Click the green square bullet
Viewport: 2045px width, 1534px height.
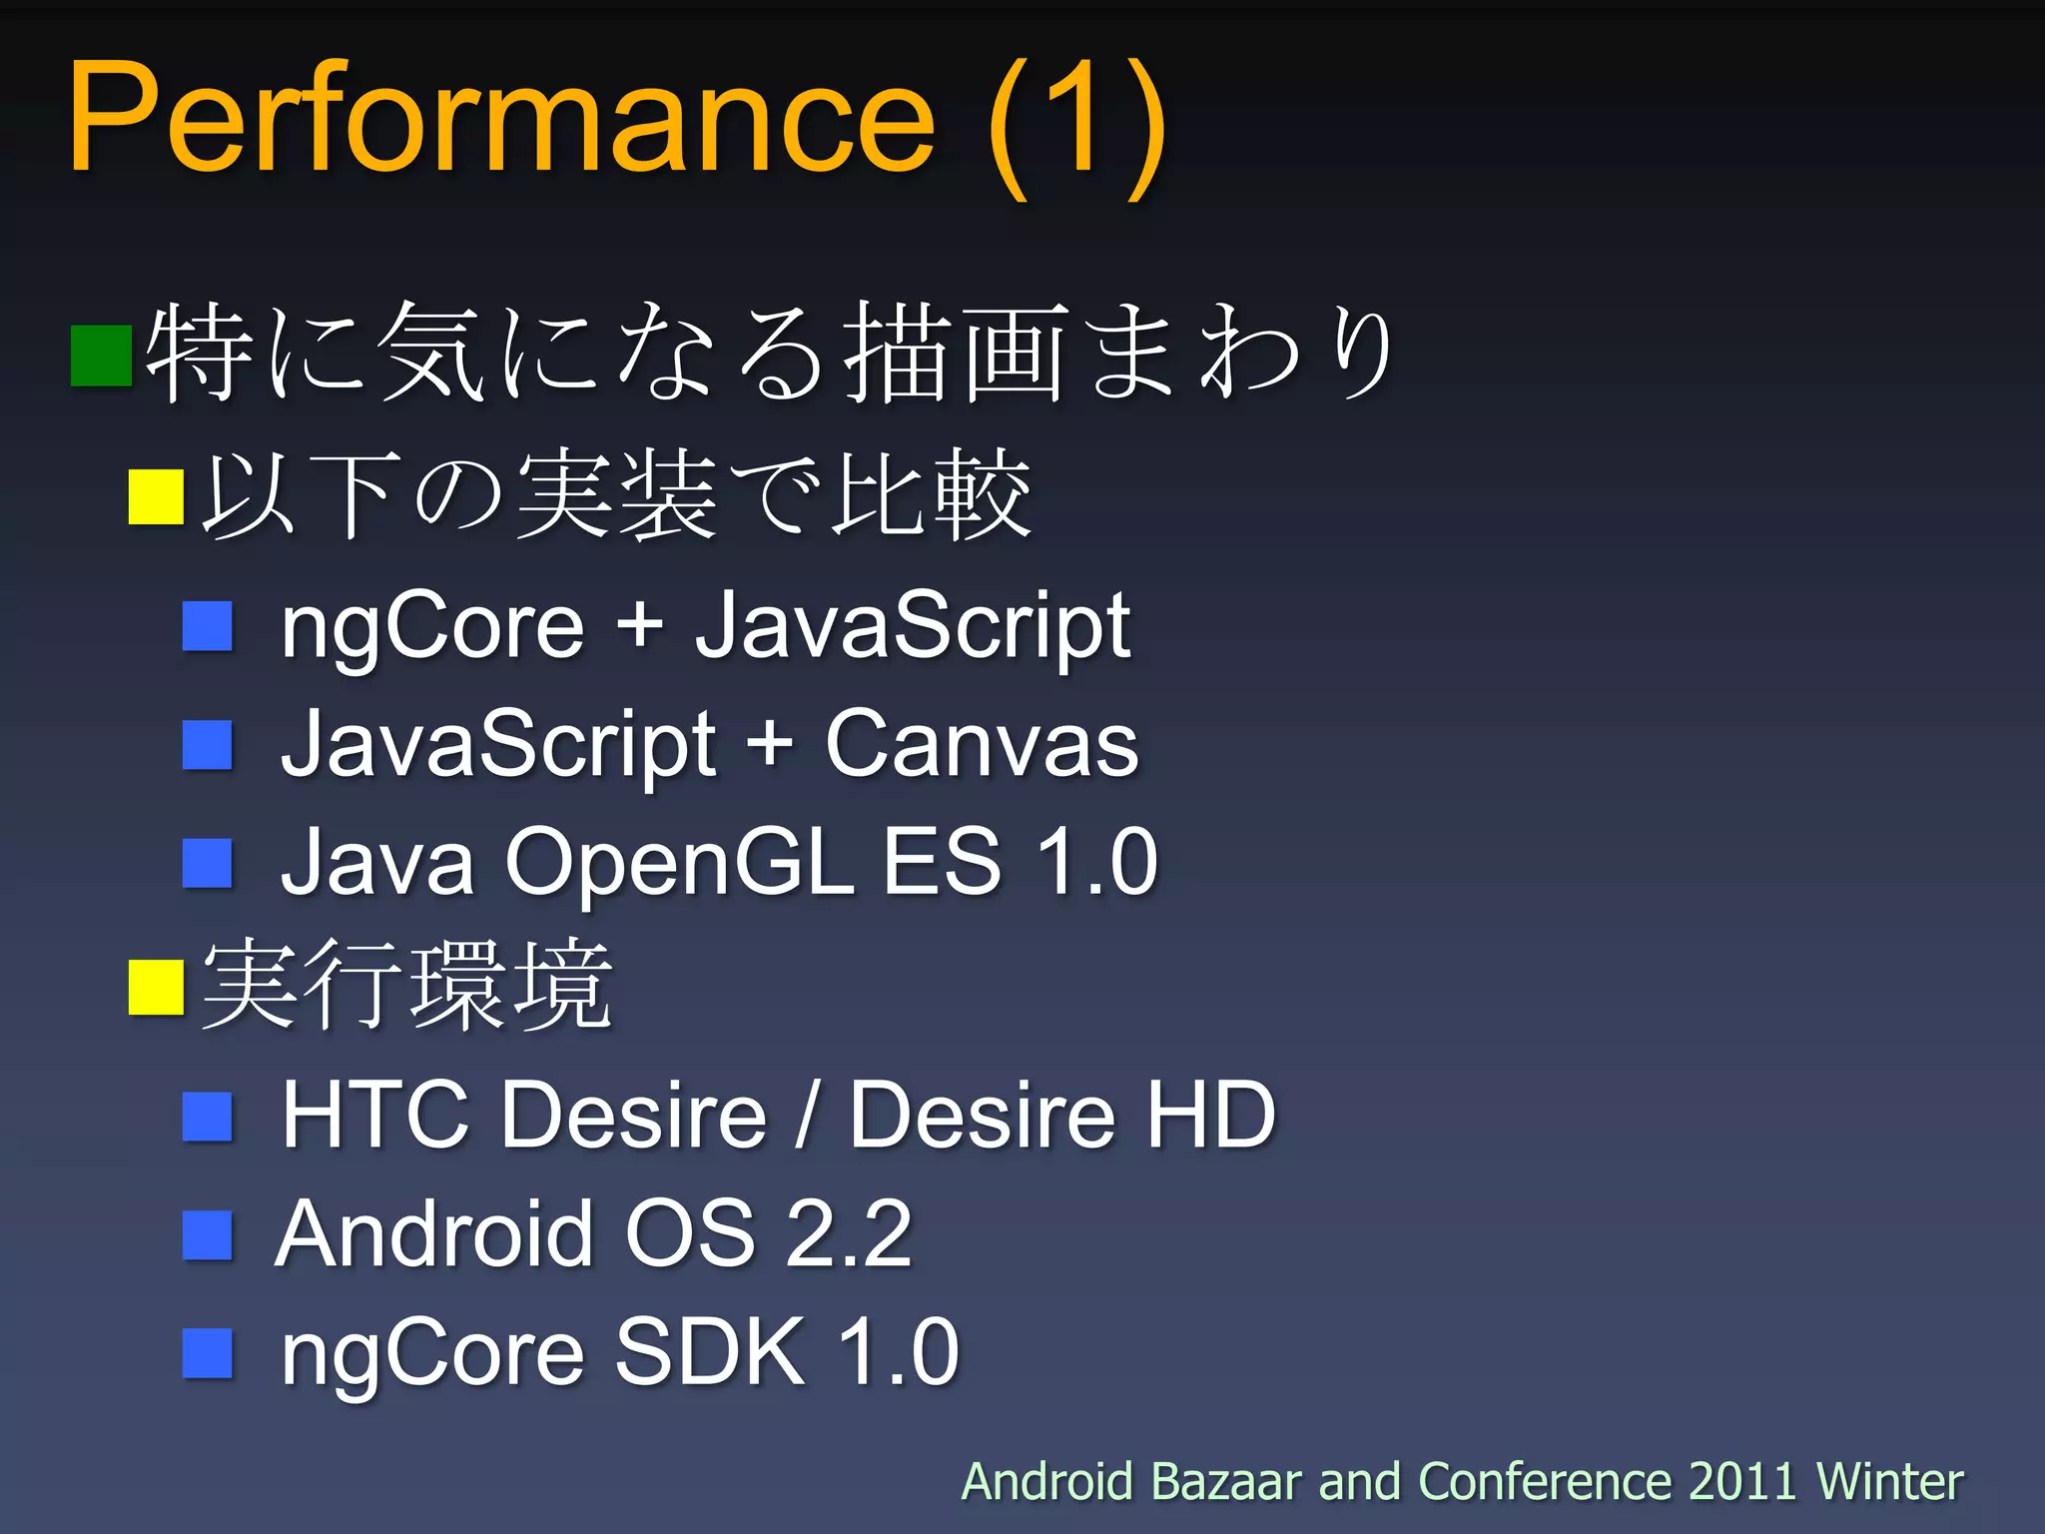coord(102,356)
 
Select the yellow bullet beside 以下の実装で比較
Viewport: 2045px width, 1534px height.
coord(157,496)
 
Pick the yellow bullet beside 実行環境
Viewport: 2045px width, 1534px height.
coord(157,987)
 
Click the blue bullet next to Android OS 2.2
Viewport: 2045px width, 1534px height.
coord(208,1234)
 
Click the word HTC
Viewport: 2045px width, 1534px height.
coord(375,1115)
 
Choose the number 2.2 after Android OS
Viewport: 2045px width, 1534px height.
coord(849,1234)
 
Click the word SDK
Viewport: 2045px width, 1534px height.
coord(710,1352)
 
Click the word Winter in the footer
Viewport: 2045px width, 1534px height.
coord(1889,1481)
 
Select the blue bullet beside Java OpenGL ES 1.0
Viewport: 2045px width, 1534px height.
coord(208,863)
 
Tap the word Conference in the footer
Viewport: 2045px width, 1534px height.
coord(1544,1481)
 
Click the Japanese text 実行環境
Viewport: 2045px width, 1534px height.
coord(407,987)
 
